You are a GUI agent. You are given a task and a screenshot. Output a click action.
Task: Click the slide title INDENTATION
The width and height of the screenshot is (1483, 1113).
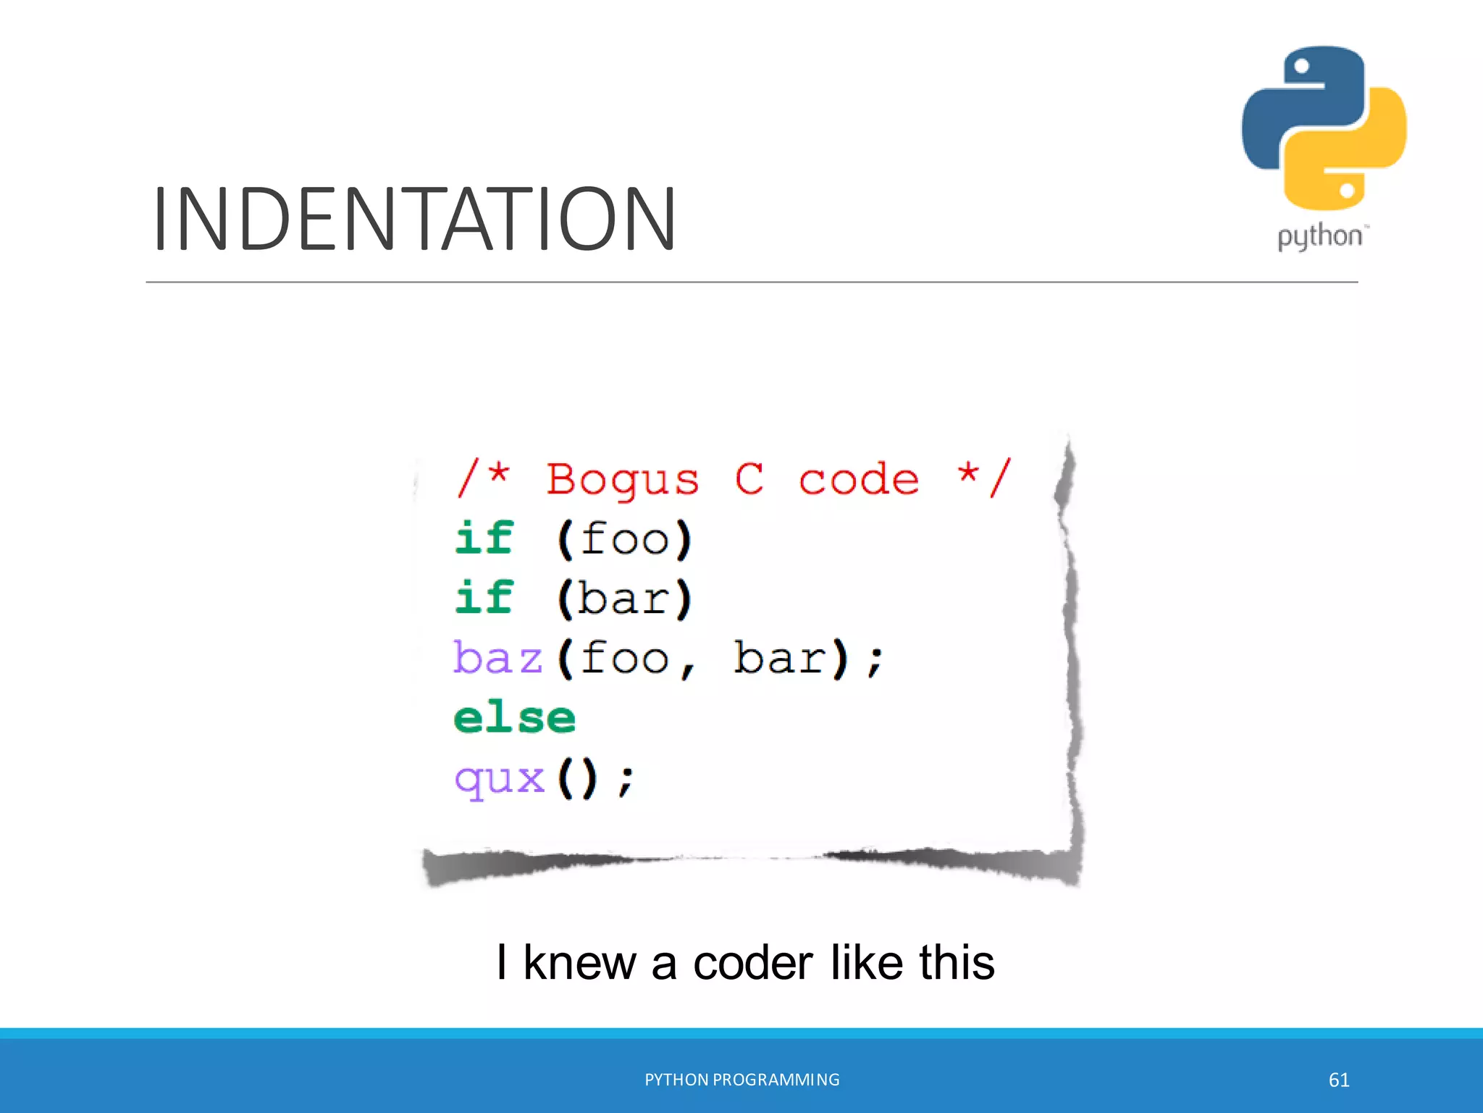pos(414,219)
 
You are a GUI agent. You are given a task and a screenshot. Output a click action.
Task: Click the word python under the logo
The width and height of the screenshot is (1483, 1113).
pos(1319,237)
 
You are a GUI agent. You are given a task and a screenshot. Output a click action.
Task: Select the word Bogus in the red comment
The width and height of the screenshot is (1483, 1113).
pos(623,480)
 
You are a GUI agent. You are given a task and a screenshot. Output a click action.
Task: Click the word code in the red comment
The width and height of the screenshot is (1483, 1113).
pos(859,480)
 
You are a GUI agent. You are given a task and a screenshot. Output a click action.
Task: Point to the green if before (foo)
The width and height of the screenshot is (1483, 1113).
pos(484,538)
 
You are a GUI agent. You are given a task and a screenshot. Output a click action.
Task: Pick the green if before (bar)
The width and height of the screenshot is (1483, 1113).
pos(484,598)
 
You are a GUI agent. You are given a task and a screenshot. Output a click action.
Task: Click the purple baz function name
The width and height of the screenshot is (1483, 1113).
pos(498,658)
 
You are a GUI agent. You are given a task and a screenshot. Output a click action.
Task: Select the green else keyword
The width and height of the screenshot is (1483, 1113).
pos(514,718)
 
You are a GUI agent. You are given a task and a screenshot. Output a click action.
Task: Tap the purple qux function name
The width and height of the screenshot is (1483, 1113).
pos(499,780)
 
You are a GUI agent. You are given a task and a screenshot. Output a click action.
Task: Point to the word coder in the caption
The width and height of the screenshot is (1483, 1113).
pos(753,963)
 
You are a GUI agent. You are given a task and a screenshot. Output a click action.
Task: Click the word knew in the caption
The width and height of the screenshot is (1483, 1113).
pos(579,963)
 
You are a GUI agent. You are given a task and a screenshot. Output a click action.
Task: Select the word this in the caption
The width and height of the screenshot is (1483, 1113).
pos(957,963)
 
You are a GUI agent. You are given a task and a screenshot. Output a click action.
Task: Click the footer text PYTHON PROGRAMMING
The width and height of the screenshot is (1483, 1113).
pos(742,1080)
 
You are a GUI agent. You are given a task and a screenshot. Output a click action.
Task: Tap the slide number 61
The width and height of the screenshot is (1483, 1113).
pos(1339,1080)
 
